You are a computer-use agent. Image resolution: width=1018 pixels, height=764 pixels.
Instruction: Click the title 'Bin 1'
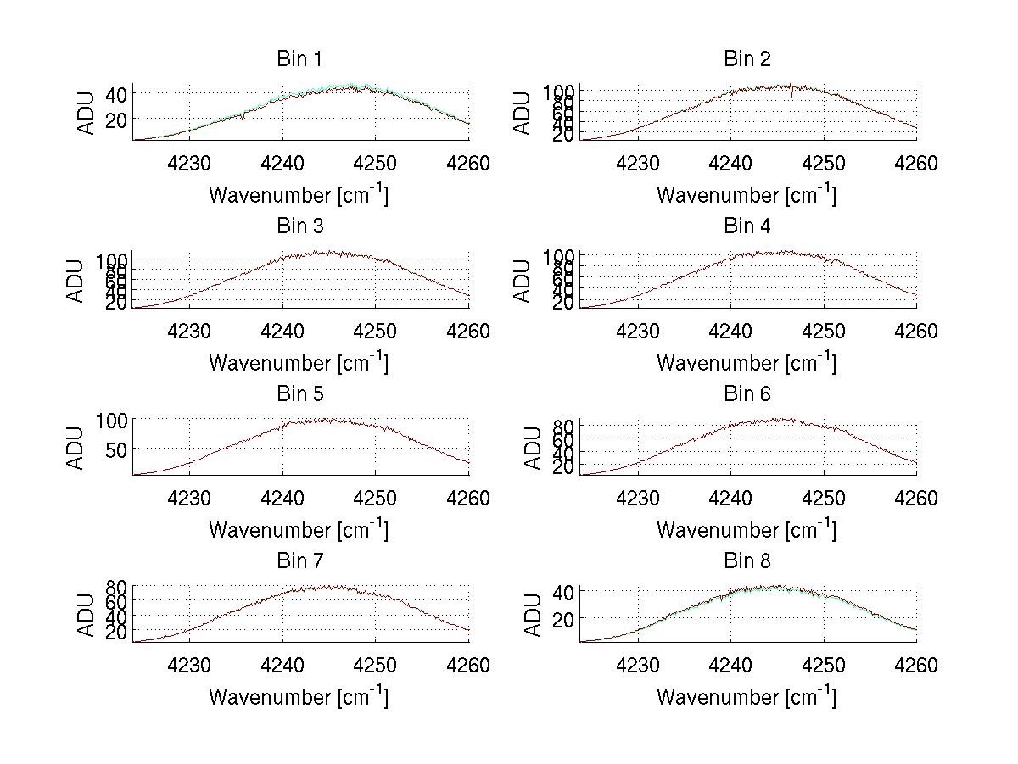[299, 59]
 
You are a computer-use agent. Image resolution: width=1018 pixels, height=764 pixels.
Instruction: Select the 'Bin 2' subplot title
[747, 59]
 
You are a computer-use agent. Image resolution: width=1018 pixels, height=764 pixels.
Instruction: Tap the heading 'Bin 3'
[299, 226]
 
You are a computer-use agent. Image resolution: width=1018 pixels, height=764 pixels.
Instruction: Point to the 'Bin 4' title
[747, 226]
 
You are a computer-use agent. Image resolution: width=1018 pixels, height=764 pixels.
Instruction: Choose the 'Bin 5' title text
[299, 394]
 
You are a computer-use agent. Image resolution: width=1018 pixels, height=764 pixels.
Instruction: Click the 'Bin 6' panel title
[747, 394]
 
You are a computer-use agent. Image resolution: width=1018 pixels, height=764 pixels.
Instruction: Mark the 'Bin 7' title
[299, 561]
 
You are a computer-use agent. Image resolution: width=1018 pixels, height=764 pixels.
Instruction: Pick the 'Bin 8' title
[747, 561]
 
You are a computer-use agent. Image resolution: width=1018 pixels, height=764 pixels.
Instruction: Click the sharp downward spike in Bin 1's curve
[243, 118]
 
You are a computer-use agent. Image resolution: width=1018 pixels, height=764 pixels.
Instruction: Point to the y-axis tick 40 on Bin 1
[117, 92]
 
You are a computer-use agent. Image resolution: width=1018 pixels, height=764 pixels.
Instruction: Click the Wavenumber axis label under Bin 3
[299, 362]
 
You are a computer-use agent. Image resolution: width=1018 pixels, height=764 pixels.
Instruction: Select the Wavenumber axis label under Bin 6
[747, 529]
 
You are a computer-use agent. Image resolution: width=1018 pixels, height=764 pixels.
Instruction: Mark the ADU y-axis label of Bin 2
[523, 113]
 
